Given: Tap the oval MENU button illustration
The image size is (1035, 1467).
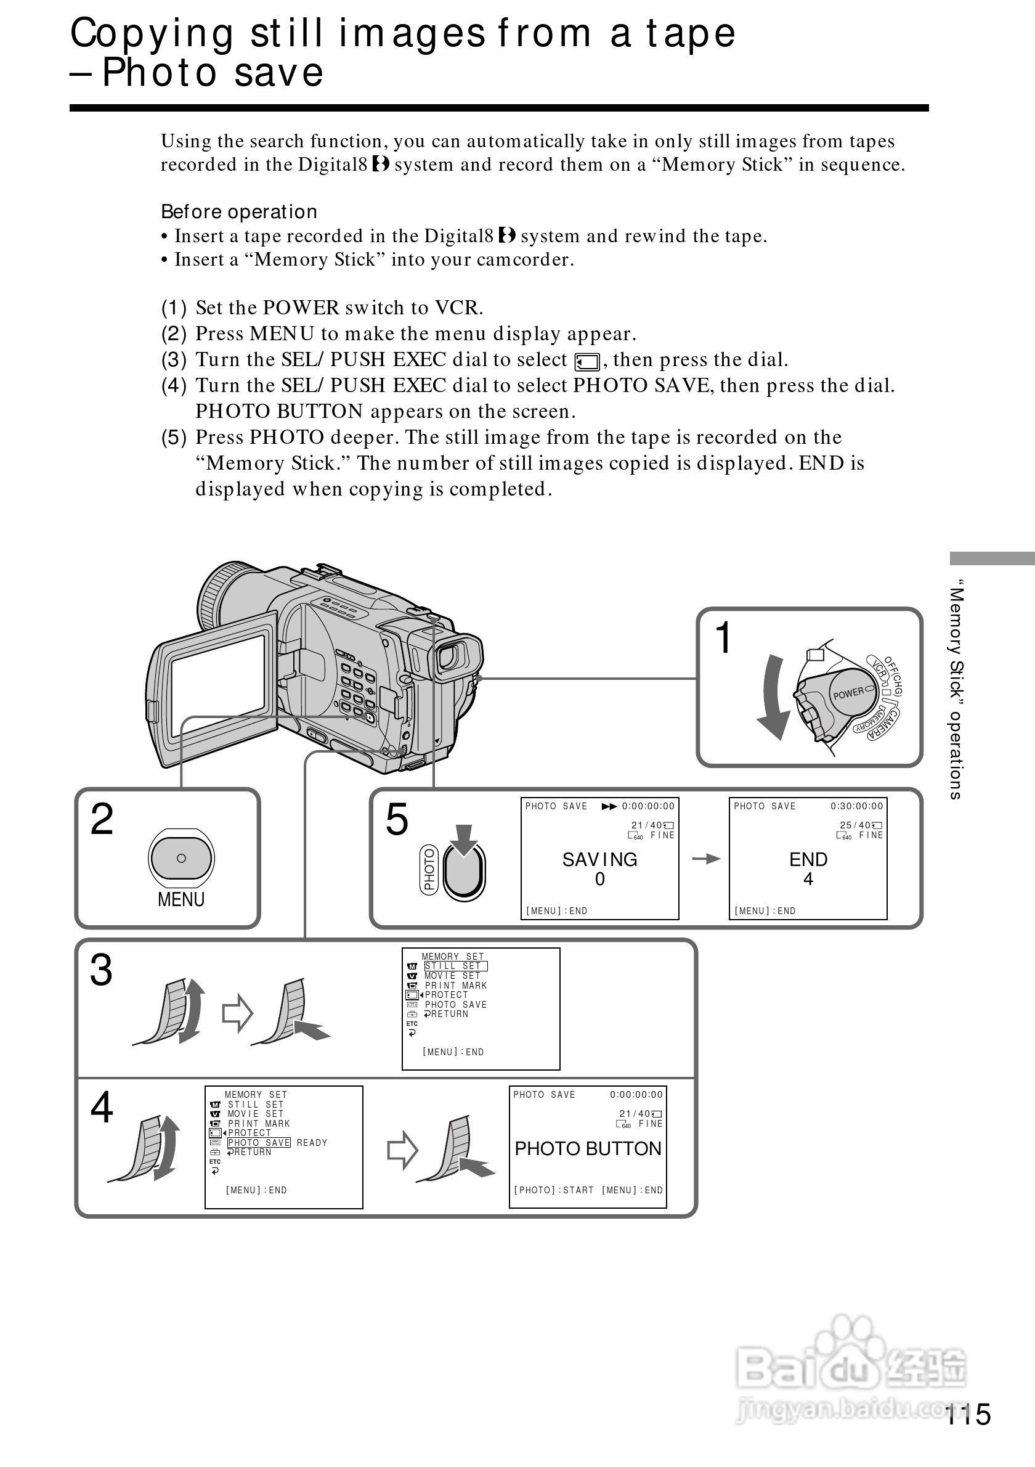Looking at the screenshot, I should [x=181, y=858].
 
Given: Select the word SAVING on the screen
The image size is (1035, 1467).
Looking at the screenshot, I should [x=599, y=859].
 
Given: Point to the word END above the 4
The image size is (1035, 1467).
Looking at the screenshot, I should [x=808, y=859].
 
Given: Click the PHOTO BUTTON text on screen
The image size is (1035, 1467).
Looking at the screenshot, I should [x=587, y=1149].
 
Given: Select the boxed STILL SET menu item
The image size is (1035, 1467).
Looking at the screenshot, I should [x=455, y=966].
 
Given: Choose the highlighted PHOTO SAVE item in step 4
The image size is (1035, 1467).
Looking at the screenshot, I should [x=259, y=1142].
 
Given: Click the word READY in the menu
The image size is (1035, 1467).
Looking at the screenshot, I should [x=312, y=1142].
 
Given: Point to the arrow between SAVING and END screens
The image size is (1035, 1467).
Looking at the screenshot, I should [x=705, y=859].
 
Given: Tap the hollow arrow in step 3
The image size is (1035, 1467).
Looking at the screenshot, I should [x=238, y=1013].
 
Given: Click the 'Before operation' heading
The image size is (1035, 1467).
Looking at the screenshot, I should [x=239, y=211].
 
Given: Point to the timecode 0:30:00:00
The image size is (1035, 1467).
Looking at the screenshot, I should [x=856, y=806].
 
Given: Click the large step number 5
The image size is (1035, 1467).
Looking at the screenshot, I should [x=397, y=819].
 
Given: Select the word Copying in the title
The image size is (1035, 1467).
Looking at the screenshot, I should [x=152, y=33].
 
